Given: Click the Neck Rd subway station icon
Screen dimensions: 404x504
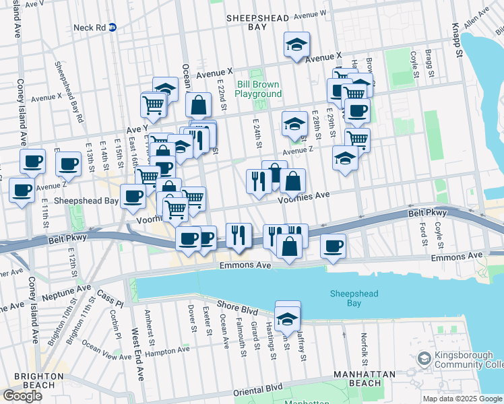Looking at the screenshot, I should point(113,28).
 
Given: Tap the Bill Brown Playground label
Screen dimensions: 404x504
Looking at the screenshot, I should point(258,89).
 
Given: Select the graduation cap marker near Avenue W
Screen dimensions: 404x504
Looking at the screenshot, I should point(296,45).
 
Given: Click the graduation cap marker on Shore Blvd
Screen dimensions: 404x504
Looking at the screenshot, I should point(288,318).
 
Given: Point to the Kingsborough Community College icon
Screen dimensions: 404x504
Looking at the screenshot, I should point(423,358).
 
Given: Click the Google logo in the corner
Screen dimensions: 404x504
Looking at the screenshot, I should point(22,396).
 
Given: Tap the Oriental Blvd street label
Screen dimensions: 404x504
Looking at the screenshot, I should point(258,391).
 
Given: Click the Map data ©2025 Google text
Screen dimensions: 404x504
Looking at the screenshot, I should point(462,399).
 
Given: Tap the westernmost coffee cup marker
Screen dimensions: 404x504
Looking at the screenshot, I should point(22,191).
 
